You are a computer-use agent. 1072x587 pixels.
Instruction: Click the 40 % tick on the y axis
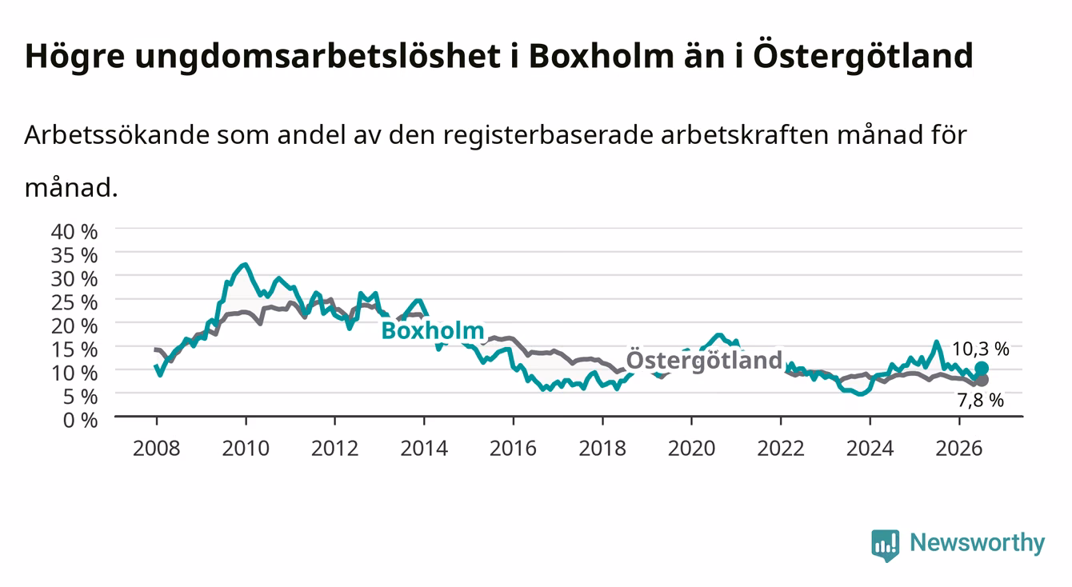pyautogui.click(x=74, y=232)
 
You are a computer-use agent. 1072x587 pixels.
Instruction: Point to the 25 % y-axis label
pyautogui.click(x=74, y=303)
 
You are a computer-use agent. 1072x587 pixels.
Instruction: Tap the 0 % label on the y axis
pyautogui.click(x=80, y=421)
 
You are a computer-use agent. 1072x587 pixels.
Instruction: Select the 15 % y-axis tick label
pyautogui.click(x=74, y=349)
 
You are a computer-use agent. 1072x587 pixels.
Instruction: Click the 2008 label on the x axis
pyautogui.click(x=157, y=449)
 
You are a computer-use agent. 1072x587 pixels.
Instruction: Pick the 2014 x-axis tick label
pyautogui.click(x=424, y=449)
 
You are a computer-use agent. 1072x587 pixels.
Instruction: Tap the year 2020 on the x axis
pyautogui.click(x=691, y=449)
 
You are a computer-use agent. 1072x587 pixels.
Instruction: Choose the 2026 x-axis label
pyautogui.click(x=959, y=449)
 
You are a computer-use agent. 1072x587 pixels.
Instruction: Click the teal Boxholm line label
pyautogui.click(x=433, y=330)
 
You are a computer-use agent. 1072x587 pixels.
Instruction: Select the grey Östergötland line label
pyautogui.click(x=704, y=360)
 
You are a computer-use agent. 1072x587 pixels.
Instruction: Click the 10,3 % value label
pyautogui.click(x=980, y=349)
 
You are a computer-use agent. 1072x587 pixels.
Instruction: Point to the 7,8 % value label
pyautogui.click(x=980, y=401)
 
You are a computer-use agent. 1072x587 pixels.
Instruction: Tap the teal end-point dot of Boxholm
pyautogui.click(x=982, y=369)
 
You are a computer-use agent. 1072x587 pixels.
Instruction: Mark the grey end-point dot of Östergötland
pyautogui.click(x=982, y=381)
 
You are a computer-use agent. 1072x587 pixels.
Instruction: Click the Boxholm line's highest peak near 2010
pyautogui.click(x=245, y=264)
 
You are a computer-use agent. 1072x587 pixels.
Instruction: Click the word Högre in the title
pyautogui.click(x=74, y=58)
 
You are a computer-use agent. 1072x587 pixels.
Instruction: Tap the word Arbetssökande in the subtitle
pyautogui.click(x=117, y=135)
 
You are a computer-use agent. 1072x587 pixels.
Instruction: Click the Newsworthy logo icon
pyautogui.click(x=886, y=545)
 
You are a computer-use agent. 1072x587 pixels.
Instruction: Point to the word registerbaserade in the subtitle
pyautogui.click(x=547, y=136)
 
